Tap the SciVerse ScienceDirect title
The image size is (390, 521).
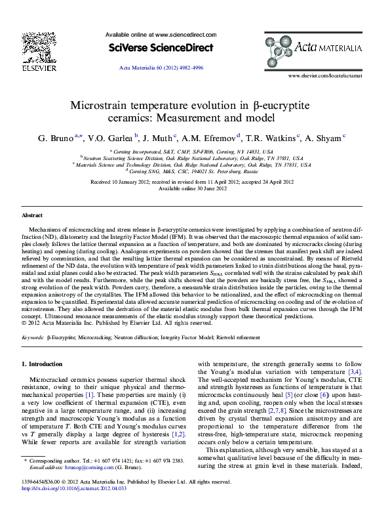click(x=161, y=48)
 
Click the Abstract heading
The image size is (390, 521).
click(x=32, y=215)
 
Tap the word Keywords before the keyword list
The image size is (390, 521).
click(x=33, y=337)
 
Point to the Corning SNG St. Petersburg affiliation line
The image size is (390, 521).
click(x=194, y=171)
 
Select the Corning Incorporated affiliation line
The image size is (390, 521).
click(x=194, y=151)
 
